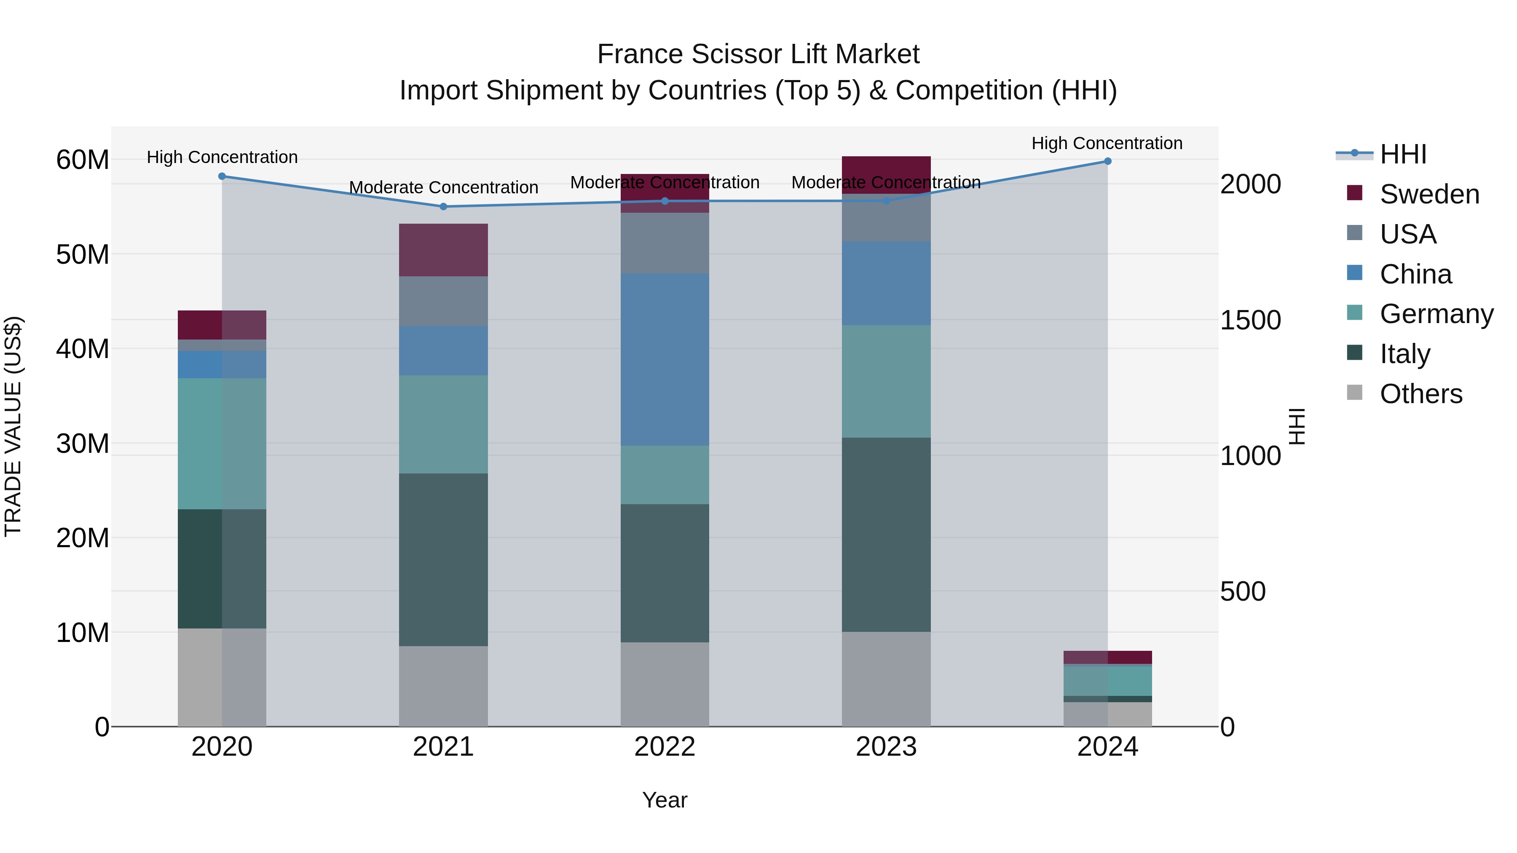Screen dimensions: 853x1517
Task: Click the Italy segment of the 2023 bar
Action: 886,535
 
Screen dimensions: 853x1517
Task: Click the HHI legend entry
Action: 1403,154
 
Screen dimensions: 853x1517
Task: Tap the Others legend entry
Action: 1421,394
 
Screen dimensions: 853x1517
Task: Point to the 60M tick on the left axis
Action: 83,160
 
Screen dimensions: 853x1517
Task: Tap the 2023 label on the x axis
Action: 886,747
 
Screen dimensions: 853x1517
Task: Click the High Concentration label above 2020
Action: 222,157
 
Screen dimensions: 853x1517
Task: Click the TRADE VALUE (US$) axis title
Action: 13,426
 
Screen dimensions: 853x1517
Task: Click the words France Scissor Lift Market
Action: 758,54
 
